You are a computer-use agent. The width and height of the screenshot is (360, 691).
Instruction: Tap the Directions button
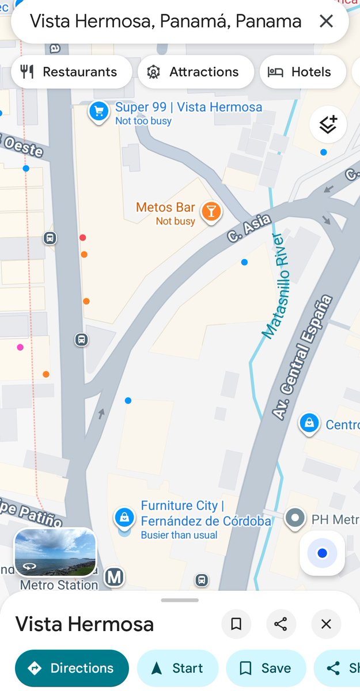(x=71, y=668)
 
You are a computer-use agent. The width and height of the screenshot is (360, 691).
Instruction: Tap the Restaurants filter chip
(x=71, y=72)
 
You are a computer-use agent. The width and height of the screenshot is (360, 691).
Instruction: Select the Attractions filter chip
(x=196, y=72)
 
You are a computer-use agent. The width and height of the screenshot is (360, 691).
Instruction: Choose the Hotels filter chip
(x=302, y=72)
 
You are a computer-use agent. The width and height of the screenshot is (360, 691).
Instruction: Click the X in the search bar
(x=326, y=22)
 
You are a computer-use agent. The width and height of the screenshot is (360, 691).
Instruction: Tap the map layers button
(x=328, y=124)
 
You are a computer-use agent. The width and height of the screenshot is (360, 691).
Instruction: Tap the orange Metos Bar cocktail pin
(x=211, y=212)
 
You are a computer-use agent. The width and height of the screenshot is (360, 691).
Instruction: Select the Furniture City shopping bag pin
(x=124, y=517)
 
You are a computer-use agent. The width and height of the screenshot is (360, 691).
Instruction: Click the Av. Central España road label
(x=303, y=357)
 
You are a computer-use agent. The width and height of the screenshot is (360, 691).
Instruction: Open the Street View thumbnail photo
(x=55, y=552)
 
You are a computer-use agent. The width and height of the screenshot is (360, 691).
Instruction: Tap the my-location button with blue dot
(x=322, y=553)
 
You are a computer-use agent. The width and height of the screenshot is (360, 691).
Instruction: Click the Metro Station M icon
(x=114, y=577)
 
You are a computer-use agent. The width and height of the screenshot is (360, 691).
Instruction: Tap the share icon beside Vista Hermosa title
(x=281, y=624)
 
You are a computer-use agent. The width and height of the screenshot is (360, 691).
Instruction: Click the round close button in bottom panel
(x=326, y=624)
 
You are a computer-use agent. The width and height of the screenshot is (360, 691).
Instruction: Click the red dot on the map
(x=83, y=237)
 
